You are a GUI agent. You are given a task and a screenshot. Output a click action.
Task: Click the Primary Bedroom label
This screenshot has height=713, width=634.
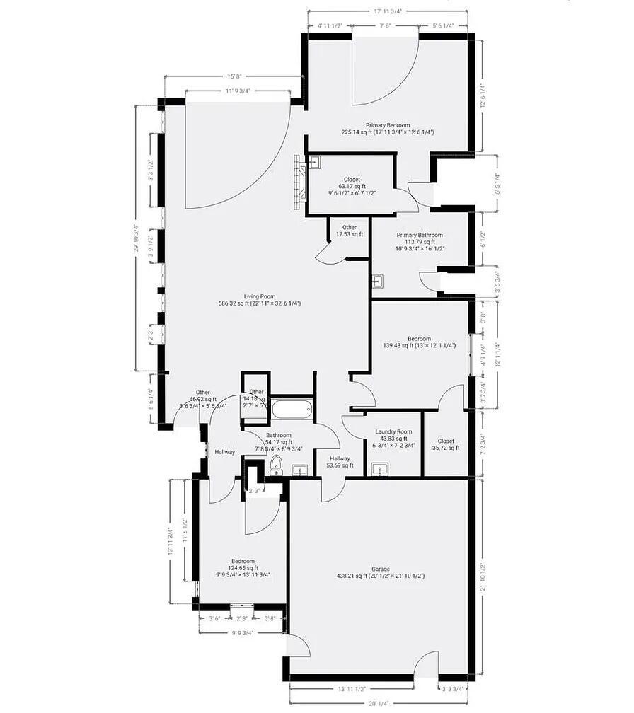click(x=387, y=125)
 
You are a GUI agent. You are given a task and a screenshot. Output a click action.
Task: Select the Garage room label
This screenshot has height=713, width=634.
click(x=381, y=569)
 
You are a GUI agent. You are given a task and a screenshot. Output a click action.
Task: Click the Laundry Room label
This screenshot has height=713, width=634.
click(x=393, y=431)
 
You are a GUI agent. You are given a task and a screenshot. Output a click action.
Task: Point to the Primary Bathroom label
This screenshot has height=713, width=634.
click(x=420, y=236)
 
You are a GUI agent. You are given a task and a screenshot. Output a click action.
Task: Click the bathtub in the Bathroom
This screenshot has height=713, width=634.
click(x=292, y=410)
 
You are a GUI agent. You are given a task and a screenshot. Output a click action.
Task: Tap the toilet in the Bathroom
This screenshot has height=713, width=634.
click(x=276, y=465)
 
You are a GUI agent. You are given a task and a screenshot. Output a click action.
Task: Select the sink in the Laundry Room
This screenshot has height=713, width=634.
click(x=380, y=470)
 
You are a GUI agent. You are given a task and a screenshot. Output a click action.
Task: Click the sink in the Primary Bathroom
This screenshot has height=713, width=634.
click(x=376, y=281)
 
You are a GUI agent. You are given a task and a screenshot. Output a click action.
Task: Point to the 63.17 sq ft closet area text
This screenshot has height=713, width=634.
click(x=352, y=187)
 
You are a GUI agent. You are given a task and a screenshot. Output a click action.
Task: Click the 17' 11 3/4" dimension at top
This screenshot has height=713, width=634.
click(x=388, y=11)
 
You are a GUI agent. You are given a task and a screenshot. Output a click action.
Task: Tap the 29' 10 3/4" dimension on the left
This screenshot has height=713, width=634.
click(x=135, y=237)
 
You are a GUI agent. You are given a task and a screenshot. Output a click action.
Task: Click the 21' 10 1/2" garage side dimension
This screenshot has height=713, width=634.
click(x=483, y=576)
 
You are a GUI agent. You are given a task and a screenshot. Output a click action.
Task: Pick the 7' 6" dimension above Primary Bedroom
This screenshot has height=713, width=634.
click(x=386, y=26)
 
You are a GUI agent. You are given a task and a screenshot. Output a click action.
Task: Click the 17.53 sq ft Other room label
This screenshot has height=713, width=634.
click(x=350, y=234)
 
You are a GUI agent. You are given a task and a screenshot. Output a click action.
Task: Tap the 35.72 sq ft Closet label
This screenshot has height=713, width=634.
click(x=446, y=448)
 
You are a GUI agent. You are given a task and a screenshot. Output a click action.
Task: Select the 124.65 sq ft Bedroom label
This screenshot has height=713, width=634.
click(x=243, y=568)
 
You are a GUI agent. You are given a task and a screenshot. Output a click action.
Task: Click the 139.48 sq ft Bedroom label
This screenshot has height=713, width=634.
click(x=420, y=346)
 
